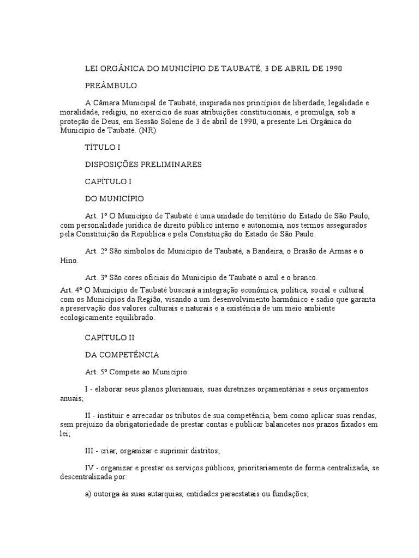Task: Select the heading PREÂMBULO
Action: pos(111,86)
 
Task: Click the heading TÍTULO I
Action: pos(102,147)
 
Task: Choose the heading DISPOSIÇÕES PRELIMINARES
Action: pos(143,164)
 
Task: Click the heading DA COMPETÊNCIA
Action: pos(122,355)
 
